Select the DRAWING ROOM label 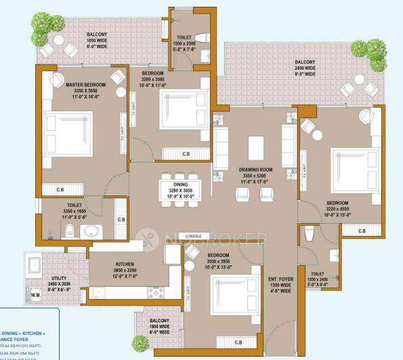pos(259,169)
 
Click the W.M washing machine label pos(36,297)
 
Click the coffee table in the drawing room pos(255,146)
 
